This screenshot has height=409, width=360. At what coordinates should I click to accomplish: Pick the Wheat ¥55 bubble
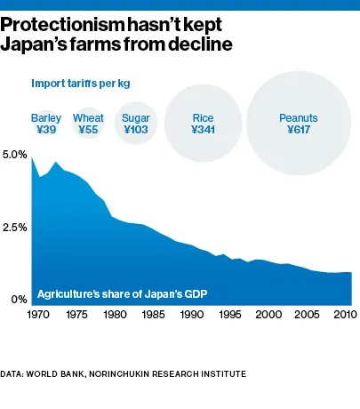click(88, 124)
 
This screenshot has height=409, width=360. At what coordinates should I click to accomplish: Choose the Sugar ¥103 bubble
click(135, 124)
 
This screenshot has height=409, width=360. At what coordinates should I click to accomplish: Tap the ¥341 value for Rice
click(203, 130)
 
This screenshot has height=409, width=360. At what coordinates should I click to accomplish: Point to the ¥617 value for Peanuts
click(298, 130)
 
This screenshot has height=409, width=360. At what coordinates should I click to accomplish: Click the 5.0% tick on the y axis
click(15, 155)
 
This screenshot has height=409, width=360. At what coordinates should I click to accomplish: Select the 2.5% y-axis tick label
click(15, 228)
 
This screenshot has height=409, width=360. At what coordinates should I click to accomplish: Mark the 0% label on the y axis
click(19, 301)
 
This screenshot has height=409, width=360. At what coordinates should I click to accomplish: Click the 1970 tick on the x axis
click(40, 314)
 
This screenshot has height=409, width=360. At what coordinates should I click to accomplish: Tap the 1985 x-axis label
click(154, 314)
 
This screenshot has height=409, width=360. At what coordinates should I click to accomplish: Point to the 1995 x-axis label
click(230, 314)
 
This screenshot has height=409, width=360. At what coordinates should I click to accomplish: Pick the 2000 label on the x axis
click(268, 314)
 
